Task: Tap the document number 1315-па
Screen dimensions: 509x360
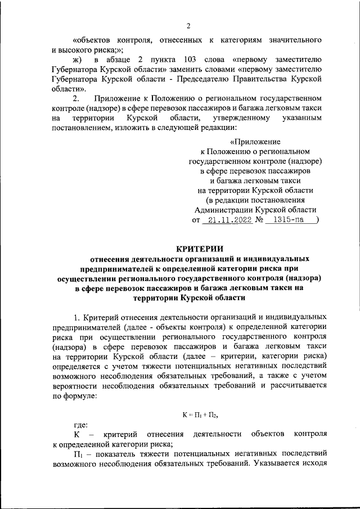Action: pyautogui.click(x=288, y=220)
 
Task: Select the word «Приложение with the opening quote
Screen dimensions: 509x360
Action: pyautogui.click(x=256, y=142)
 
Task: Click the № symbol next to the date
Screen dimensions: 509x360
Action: pyautogui.click(x=260, y=220)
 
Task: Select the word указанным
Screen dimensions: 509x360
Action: pyautogui.click(x=304, y=119)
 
